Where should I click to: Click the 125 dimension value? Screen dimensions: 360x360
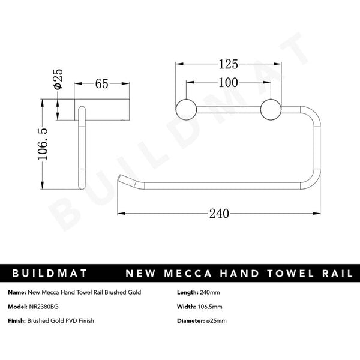(229, 63)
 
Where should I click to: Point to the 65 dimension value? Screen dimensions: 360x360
(101, 84)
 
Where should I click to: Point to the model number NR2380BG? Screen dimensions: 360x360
(44, 307)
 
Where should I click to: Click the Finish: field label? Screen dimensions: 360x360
(17, 321)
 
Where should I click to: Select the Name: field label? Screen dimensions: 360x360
(17, 292)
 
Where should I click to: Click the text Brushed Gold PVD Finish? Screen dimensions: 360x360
(61, 321)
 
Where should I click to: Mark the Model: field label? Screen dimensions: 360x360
(18, 307)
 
